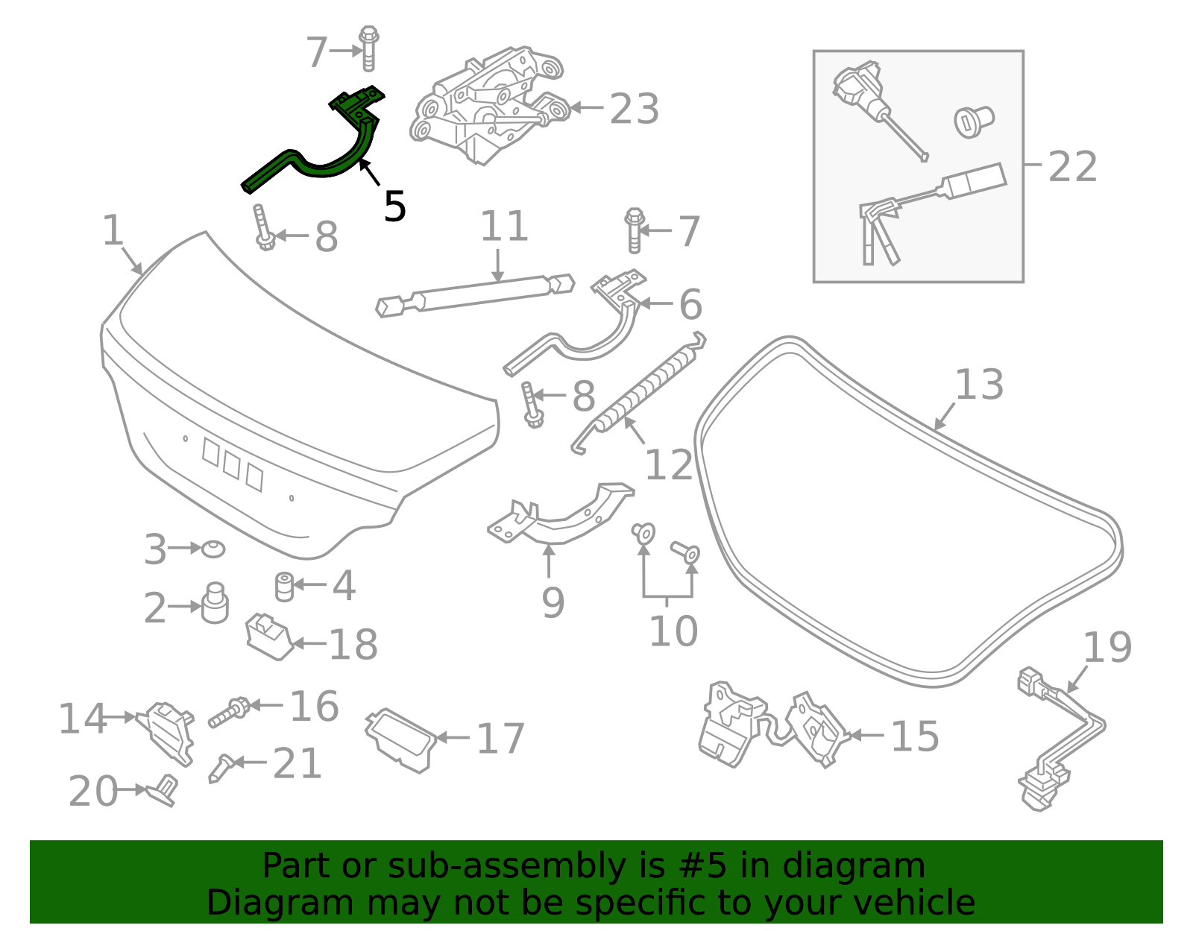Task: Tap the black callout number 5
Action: (x=394, y=206)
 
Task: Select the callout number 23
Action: (x=634, y=110)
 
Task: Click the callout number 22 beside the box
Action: (x=1072, y=167)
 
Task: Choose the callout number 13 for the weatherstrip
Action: (x=979, y=385)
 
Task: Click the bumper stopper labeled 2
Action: (x=215, y=604)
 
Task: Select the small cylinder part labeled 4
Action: (x=284, y=586)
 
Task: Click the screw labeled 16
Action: (x=230, y=712)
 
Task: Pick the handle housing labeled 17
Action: (x=401, y=739)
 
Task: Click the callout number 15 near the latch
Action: (x=915, y=736)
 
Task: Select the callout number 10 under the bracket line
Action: (x=673, y=631)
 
